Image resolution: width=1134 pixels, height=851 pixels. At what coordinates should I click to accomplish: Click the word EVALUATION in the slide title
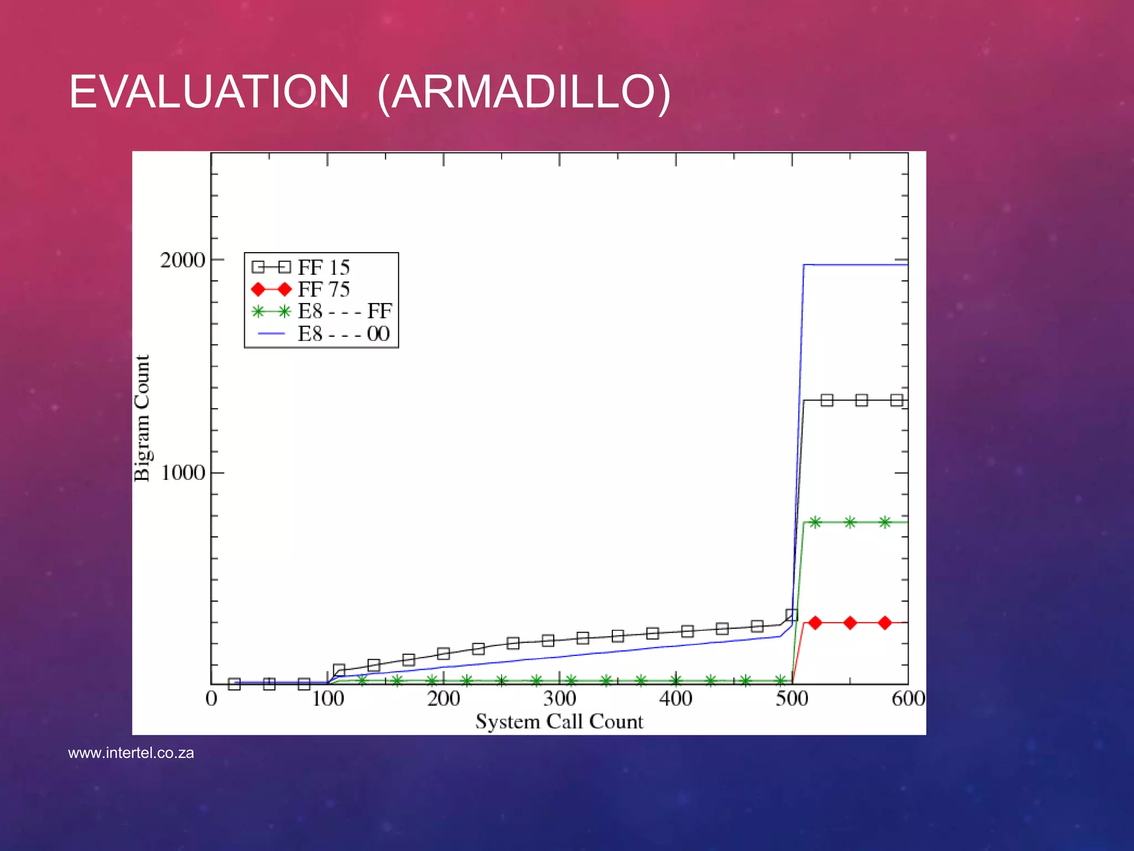pyautogui.click(x=209, y=92)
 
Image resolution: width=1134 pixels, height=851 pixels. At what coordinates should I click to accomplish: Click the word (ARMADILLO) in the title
pyautogui.click(x=524, y=93)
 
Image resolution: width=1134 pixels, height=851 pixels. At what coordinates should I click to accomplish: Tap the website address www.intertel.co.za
pyautogui.click(x=131, y=753)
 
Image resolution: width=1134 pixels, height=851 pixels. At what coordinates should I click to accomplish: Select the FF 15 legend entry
pyautogui.click(x=323, y=268)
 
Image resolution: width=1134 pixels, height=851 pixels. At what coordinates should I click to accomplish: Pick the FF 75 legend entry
pyautogui.click(x=323, y=290)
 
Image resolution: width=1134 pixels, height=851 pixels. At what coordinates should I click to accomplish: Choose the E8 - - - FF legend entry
pyautogui.click(x=344, y=311)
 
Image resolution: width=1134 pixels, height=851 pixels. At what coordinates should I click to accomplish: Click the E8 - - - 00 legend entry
pyautogui.click(x=343, y=334)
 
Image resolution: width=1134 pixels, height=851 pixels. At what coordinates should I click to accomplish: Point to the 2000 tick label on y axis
pyautogui.click(x=182, y=260)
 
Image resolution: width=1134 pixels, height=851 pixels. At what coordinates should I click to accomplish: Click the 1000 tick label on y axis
pyautogui.click(x=183, y=473)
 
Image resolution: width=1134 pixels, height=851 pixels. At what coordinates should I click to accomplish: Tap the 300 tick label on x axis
pyautogui.click(x=559, y=699)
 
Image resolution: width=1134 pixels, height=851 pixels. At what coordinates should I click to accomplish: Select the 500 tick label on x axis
pyautogui.click(x=792, y=699)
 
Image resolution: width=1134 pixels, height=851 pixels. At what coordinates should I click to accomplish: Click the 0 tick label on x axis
pyautogui.click(x=211, y=699)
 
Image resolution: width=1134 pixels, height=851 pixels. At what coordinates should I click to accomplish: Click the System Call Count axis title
pyautogui.click(x=559, y=721)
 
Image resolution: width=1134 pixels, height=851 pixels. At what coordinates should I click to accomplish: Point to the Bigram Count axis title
pyautogui.click(x=142, y=418)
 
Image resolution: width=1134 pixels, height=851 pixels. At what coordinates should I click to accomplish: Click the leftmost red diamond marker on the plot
pyautogui.click(x=815, y=623)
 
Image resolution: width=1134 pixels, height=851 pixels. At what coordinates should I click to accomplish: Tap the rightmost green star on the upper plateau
pyautogui.click(x=885, y=522)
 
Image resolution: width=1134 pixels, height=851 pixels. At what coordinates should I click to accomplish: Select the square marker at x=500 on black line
pyautogui.click(x=792, y=615)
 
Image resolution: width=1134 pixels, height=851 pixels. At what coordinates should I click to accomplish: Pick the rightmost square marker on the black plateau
pyautogui.click(x=896, y=400)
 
